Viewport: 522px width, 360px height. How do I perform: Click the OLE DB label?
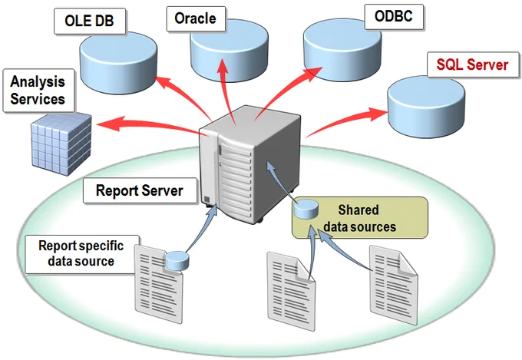[x=90, y=21]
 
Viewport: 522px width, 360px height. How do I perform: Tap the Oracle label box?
[x=196, y=18]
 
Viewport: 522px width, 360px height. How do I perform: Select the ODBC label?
[x=394, y=17]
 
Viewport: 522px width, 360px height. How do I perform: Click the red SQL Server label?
[x=473, y=64]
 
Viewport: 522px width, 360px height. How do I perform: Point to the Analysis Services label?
[x=38, y=91]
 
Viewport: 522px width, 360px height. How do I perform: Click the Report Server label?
[x=140, y=190]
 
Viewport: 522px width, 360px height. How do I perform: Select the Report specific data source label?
[x=81, y=253]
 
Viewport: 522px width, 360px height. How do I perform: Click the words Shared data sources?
[x=359, y=219]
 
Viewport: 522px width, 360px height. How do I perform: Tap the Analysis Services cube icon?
[x=61, y=144]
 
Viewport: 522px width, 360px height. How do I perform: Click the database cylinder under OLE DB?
[x=118, y=63]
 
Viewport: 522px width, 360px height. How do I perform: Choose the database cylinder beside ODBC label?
[x=342, y=50]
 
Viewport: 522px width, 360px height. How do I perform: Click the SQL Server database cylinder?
[x=426, y=107]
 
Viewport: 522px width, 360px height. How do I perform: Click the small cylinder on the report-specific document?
[x=177, y=261]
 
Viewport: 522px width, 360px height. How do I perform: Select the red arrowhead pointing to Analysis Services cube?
[x=110, y=124]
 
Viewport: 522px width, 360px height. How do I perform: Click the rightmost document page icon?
[x=394, y=285]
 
